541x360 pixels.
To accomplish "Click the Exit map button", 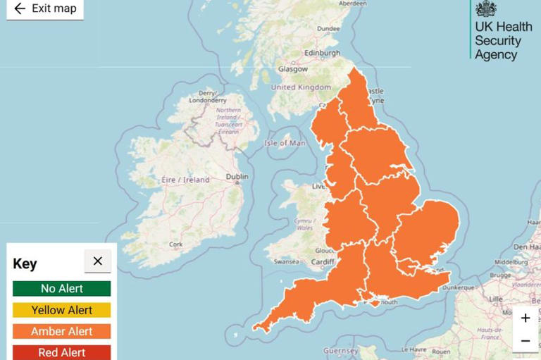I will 45,8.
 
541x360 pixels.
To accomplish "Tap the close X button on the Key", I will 97,261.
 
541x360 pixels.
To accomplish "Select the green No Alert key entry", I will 62,288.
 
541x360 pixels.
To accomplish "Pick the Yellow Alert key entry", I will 62,310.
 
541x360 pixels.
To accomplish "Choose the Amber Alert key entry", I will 62,331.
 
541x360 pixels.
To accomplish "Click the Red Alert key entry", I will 62,352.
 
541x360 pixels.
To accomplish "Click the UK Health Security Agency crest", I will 485,9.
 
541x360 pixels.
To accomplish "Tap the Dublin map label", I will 237,176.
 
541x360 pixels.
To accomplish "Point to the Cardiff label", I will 323,261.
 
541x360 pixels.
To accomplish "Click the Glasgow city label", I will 292,69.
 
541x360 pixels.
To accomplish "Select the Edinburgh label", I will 322,53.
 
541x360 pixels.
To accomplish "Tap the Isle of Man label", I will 285,143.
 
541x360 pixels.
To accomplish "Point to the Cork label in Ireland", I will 175,244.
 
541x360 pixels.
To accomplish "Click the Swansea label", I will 287,261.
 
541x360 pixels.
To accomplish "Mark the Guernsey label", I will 341,350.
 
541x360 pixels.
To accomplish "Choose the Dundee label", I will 328,29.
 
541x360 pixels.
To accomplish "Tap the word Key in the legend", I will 25,264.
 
